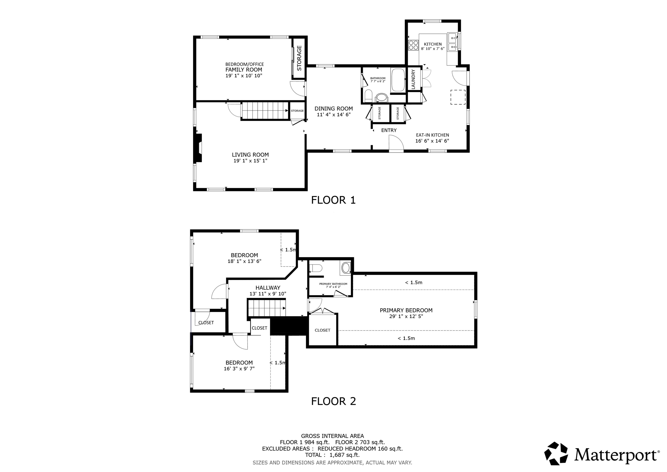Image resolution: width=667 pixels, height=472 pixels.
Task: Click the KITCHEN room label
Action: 433,44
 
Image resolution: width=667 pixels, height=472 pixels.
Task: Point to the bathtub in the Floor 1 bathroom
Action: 398,80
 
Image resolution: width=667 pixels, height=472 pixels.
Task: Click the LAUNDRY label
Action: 413,79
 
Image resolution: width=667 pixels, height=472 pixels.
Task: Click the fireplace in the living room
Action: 199,148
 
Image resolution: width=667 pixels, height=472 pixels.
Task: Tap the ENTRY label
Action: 389,130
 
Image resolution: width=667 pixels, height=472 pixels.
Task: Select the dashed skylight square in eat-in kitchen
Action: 458,97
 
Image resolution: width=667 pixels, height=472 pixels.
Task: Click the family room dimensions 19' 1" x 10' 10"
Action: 244,76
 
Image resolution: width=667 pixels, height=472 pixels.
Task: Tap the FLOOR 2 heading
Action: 333,401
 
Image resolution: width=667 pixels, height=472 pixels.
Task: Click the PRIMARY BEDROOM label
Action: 406,310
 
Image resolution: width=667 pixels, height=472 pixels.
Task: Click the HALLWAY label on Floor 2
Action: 267,288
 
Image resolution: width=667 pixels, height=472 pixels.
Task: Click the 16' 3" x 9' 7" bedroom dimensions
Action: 239,369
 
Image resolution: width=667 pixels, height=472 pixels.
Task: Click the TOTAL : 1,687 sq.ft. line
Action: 332,455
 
